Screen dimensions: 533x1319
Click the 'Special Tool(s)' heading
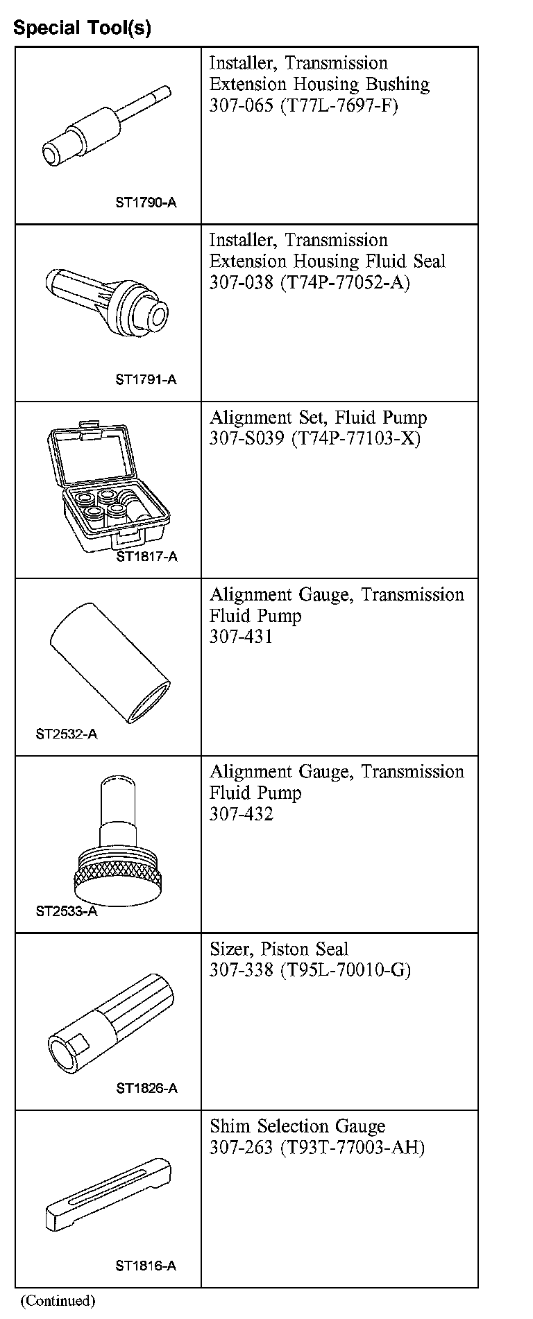[x=82, y=28]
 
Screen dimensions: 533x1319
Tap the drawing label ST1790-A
[x=146, y=202]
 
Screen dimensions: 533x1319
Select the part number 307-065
[x=241, y=106]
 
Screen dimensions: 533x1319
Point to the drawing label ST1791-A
[x=146, y=379]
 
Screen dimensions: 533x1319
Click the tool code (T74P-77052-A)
[x=345, y=283]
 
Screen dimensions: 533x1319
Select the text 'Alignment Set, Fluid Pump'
[x=318, y=417]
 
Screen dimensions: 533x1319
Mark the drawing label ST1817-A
[x=146, y=556]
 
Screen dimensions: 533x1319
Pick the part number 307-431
[x=241, y=637]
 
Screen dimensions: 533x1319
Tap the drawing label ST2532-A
[x=67, y=734]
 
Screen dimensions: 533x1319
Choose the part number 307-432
[x=241, y=813]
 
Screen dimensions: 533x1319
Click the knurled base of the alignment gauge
[x=119, y=877]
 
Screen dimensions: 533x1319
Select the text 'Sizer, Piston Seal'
[x=278, y=949]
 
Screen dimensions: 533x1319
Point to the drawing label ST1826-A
[x=146, y=1088]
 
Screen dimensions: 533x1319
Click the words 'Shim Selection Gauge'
[x=297, y=1126]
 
